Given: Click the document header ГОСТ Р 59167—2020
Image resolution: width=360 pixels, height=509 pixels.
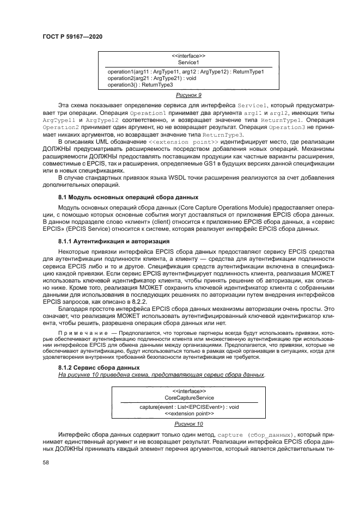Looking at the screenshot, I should pyautogui.click(x=72, y=36).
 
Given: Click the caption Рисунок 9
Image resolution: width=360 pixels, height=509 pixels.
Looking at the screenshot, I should pyautogui.click(x=188, y=95).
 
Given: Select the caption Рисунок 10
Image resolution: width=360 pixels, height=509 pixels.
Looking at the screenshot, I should pyautogui.click(x=188, y=423).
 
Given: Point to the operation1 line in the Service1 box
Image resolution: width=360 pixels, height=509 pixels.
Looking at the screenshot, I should pyautogui.click(x=185, y=72).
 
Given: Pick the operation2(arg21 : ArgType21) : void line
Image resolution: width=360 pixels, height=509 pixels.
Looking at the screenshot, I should pyautogui.click(x=151, y=78).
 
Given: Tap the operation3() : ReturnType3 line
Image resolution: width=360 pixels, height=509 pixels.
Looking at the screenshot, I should pyautogui.click(x=140, y=85).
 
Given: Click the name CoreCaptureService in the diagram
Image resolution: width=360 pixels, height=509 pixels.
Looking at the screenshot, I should pyautogui.click(x=188, y=398).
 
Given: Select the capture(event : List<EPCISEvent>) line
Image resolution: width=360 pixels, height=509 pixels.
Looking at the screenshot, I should pyautogui.click(x=188, y=407).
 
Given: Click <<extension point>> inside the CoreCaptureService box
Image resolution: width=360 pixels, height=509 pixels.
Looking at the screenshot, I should pyautogui.click(x=188, y=413).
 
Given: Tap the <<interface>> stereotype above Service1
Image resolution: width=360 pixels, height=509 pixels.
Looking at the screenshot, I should pyautogui.click(x=188, y=56).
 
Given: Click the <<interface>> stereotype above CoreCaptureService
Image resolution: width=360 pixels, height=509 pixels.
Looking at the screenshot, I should pyautogui.click(x=188, y=391).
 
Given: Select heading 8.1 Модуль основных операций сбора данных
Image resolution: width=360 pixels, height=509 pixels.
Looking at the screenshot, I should pyautogui.click(x=128, y=197).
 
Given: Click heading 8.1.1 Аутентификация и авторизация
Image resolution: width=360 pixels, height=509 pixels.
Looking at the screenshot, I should pyautogui.click(x=114, y=240).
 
